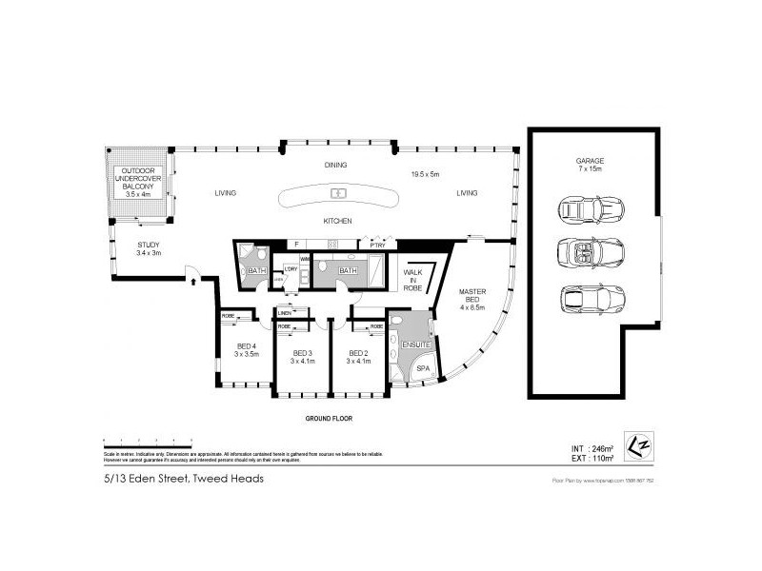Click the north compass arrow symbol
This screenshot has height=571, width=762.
pos(637,444)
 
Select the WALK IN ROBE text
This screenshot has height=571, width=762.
pos(413,278)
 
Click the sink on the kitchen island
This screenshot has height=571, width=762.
pos(338,194)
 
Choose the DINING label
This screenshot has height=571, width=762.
pos(335,166)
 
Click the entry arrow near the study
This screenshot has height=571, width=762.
pos(192,280)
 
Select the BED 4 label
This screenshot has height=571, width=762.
pos(246,349)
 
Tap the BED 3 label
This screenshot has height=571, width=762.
pos(302,356)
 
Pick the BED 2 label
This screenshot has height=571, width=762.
pos(358,356)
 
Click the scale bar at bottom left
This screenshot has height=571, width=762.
pos(148,441)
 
